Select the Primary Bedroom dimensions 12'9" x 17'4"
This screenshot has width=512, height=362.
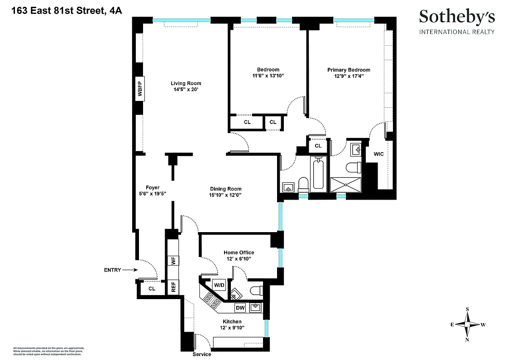pyautogui.click(x=349, y=76)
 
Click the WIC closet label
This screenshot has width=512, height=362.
pyautogui.click(x=378, y=154)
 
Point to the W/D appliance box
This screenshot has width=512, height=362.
pyautogui.click(x=219, y=286)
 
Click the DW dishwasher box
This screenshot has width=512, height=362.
pyautogui.click(x=240, y=308)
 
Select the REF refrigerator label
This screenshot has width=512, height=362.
pyautogui.click(x=173, y=287)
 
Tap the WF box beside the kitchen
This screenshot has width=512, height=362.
pyautogui.click(x=173, y=261)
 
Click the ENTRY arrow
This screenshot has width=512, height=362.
pyautogui.click(x=129, y=270)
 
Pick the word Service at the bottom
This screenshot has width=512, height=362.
pyautogui.click(x=202, y=354)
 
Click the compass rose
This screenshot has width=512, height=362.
pyautogui.click(x=467, y=324)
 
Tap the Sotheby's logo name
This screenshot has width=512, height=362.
pyautogui.click(x=457, y=17)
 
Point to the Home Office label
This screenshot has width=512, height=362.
pyautogui.click(x=239, y=252)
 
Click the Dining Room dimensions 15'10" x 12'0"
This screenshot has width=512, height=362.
pyautogui.click(x=225, y=195)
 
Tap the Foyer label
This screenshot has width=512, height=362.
pyautogui.click(x=153, y=187)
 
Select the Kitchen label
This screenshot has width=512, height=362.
pyautogui.click(x=232, y=321)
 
